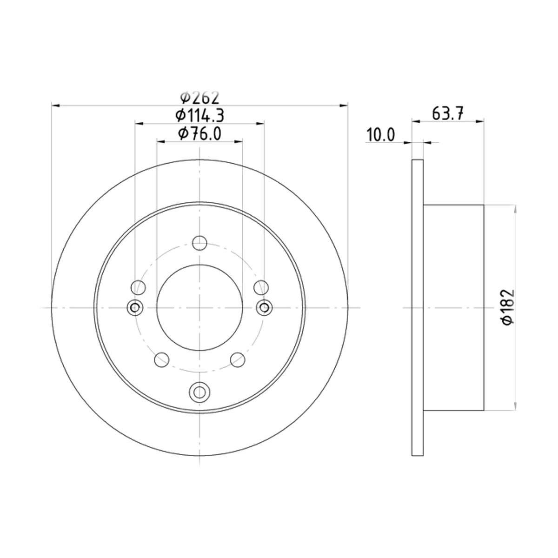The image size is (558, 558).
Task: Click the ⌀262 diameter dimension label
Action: point(199,98)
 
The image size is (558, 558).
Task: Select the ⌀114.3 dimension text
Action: point(199,115)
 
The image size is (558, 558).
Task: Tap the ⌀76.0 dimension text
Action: point(199,134)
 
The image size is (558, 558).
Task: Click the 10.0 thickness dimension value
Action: point(381,135)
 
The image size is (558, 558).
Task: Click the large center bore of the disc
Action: point(199,307)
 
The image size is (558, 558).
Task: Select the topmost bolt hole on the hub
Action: point(199,243)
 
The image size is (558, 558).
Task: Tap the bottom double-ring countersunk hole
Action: point(199,392)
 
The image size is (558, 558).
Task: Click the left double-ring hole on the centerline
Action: point(135,307)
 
